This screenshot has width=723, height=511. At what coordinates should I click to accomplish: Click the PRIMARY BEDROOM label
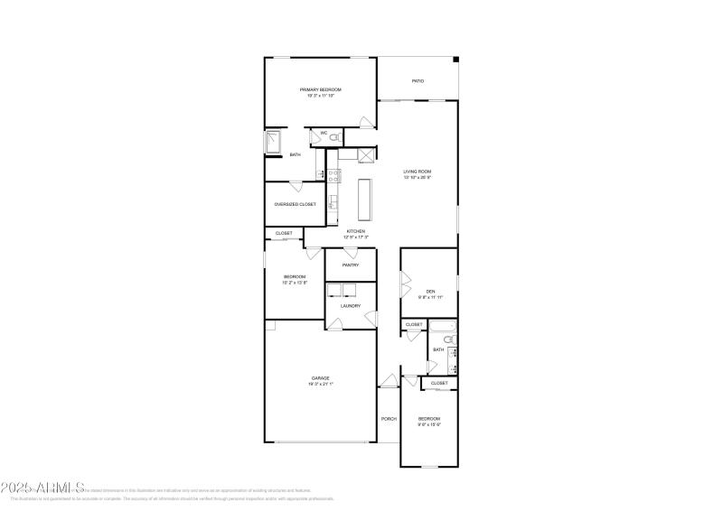(x=321, y=89)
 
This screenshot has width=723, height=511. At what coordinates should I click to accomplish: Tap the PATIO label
(x=418, y=81)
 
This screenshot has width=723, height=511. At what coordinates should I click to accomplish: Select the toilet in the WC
(x=334, y=136)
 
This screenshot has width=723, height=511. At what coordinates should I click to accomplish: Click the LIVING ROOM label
(x=417, y=172)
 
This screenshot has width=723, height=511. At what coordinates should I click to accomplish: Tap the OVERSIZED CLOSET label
(x=295, y=204)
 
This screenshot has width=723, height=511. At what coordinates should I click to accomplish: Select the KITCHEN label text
(x=356, y=232)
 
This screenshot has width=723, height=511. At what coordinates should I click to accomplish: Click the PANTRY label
(x=351, y=265)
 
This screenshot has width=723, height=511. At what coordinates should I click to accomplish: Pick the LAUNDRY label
(x=351, y=305)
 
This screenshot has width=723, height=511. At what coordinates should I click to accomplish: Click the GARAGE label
(x=320, y=377)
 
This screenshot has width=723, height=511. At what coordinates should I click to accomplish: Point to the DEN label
(x=431, y=291)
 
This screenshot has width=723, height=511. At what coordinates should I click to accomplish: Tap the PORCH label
(x=389, y=418)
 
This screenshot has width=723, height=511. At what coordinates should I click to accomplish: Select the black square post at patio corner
(x=456, y=60)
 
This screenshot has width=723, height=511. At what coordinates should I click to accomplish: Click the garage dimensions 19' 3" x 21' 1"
(x=320, y=384)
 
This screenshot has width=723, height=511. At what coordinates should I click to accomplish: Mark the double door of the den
(x=403, y=285)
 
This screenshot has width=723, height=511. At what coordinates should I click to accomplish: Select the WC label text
(x=322, y=134)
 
